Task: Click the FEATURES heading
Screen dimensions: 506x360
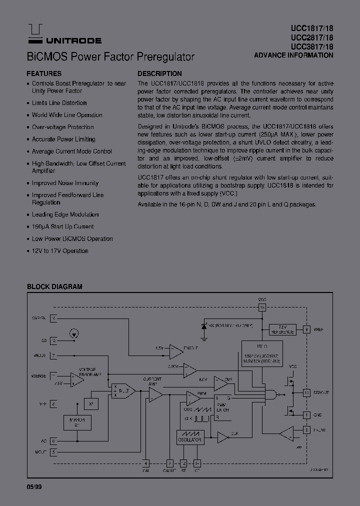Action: (44, 73)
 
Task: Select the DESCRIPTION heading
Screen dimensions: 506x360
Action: (159, 73)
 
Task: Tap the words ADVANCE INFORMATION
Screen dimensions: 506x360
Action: (293, 55)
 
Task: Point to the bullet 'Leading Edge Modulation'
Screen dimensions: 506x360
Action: (65, 214)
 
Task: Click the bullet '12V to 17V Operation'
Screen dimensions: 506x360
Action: (60, 250)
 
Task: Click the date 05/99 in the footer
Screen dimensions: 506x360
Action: (34, 486)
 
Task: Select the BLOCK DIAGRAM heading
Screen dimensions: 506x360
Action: (54, 286)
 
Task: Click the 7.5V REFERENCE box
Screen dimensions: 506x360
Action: (282, 329)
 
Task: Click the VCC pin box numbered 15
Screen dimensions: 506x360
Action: (262, 308)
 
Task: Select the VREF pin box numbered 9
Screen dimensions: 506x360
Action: (306, 329)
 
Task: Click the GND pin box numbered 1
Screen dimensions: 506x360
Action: (306, 414)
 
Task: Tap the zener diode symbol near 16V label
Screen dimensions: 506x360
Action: (203, 325)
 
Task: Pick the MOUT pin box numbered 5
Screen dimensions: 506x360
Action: (53, 451)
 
